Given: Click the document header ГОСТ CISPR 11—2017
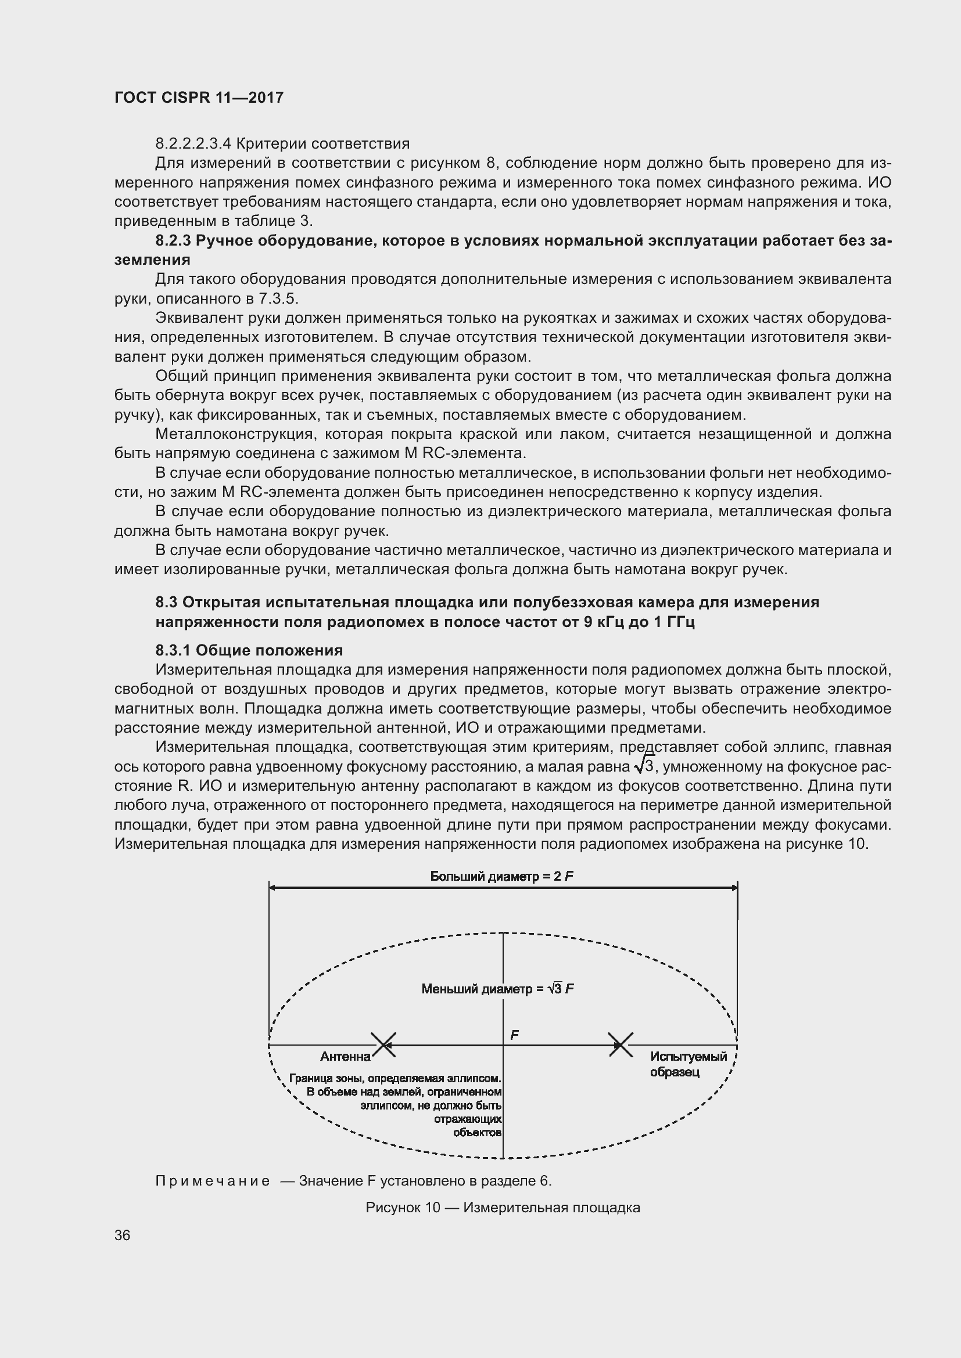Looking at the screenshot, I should pos(199,98).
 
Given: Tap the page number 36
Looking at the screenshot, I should pos(123,1235).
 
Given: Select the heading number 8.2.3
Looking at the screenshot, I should pos(173,241).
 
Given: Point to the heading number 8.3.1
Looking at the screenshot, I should pos(173,651).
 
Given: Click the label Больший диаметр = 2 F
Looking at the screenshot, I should pos(502,876).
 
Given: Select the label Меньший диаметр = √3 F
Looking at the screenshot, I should pos(498,989).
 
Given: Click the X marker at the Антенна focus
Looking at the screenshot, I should pos(383,1044).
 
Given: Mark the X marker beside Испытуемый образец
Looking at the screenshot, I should pos(621,1044).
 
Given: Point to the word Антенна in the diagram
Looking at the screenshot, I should pos(345,1056).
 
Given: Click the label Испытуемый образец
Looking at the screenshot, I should pos(687,1064).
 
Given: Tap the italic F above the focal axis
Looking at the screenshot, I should pos(514,1035).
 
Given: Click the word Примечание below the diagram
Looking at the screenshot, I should pos(213,1181).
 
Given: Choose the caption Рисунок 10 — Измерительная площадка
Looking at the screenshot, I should pos(503,1207).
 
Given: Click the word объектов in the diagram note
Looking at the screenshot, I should pos(477,1133).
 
